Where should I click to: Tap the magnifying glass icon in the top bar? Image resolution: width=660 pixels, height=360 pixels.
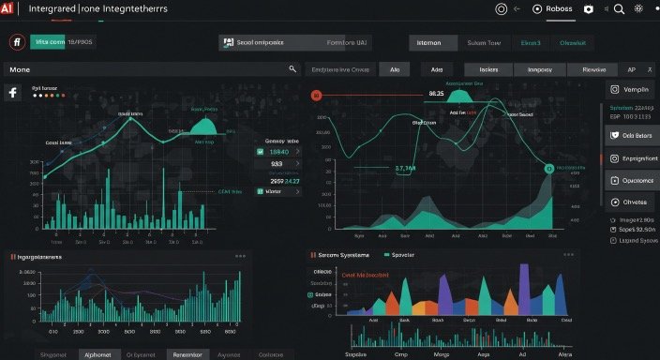point(619,8)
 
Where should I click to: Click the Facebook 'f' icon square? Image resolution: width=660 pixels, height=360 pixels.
point(13,92)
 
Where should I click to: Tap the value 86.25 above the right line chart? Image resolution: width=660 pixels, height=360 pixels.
point(435,94)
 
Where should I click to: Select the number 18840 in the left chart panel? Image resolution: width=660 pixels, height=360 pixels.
point(278,151)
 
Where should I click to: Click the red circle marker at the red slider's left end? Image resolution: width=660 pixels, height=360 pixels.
point(316,95)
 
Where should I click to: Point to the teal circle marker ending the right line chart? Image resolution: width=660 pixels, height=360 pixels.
point(548,168)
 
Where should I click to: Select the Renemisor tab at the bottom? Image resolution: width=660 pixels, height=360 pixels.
point(189,354)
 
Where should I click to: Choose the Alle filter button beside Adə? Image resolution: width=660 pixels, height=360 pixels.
point(395,69)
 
